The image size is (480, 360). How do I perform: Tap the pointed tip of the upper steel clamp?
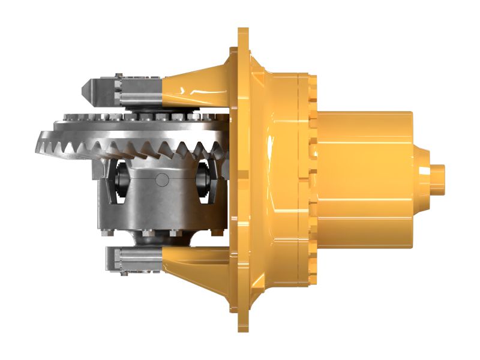click(x=85, y=89)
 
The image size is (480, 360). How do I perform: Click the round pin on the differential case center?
click(x=161, y=179)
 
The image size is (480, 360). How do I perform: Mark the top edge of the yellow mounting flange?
click(x=243, y=31)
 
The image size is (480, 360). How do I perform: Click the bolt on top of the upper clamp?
click(x=119, y=76)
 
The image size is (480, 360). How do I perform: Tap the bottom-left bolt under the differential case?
click(x=107, y=233)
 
